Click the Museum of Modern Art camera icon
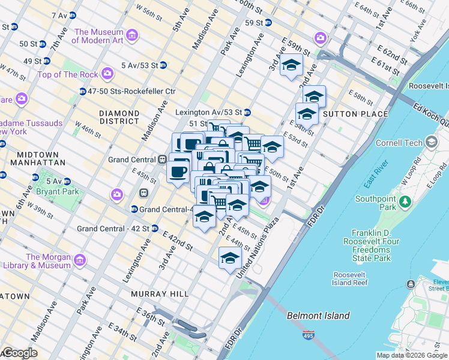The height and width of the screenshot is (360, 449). pyautogui.click(x=131, y=37)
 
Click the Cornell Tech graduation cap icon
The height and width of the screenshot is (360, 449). pyautogui.click(x=431, y=143)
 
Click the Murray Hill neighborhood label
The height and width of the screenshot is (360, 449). pyautogui.click(x=160, y=294)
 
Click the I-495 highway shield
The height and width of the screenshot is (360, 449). pyautogui.click(x=309, y=335)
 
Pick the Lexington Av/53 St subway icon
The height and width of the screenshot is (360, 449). pyautogui.click(x=247, y=112)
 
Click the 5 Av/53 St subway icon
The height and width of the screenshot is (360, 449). pyautogui.click(x=163, y=65)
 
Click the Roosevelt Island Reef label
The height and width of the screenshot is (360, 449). pyautogui.click(x=350, y=279)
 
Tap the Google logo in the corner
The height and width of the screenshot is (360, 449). pyautogui.click(x=19, y=353)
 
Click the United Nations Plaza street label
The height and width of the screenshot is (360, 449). pyautogui.click(x=259, y=245)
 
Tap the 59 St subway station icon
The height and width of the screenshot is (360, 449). pyautogui.click(x=268, y=23)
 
